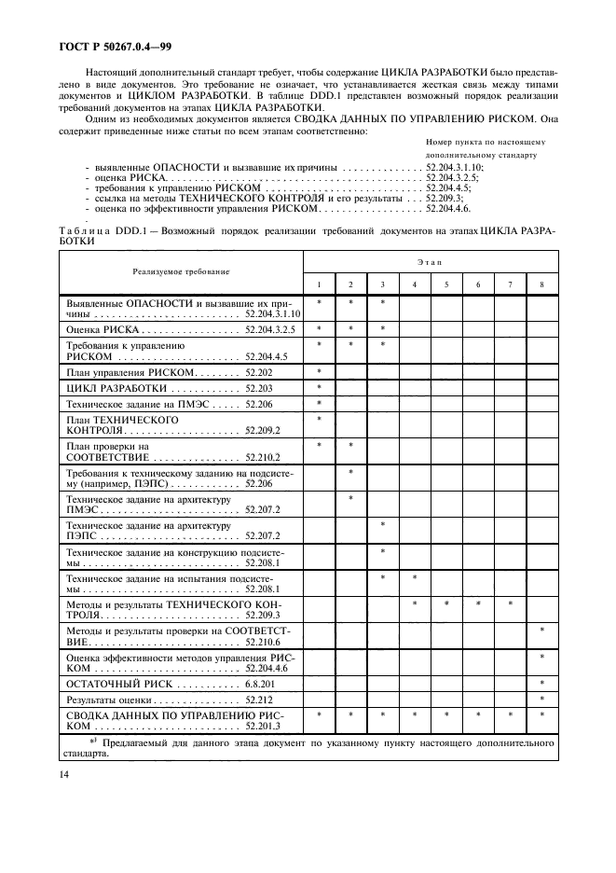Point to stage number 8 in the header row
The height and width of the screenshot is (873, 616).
click(x=541, y=284)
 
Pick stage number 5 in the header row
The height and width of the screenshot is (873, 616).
click(x=446, y=284)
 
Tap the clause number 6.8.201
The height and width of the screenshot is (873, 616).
click(x=261, y=684)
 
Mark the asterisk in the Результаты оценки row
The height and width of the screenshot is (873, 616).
click(x=541, y=699)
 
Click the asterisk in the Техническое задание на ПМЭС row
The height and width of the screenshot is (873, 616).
click(x=320, y=403)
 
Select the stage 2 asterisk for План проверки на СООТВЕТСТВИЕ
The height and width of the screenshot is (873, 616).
click(x=351, y=445)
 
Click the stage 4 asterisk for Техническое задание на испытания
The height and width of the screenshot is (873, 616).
click(x=415, y=578)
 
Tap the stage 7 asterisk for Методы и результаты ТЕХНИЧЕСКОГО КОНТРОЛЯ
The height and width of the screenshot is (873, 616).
click(x=510, y=604)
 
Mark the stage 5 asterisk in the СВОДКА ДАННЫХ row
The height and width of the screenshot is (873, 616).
click(x=446, y=714)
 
